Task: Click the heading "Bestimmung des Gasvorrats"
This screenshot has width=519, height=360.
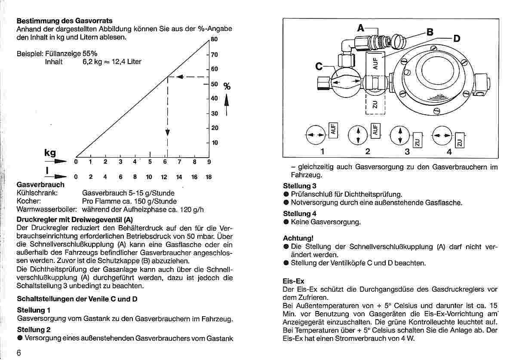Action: pos(64,21)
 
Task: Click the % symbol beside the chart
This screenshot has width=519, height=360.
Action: pos(227,87)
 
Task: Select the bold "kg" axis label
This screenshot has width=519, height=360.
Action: pos(50,153)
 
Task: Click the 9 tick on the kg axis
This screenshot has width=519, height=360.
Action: pos(209,162)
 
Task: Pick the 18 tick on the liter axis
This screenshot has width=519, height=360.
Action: pos(209,177)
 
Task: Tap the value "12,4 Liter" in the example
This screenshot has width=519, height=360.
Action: pos(126,62)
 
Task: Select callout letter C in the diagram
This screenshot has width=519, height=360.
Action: pos(319,67)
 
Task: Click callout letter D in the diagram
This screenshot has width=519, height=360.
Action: pos(456,39)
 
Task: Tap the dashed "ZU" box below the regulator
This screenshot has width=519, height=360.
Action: pos(375,104)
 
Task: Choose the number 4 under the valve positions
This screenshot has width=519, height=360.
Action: pos(449,152)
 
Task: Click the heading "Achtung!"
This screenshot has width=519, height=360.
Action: pos(298,238)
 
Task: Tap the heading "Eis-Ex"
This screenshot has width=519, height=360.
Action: pos(293,281)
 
